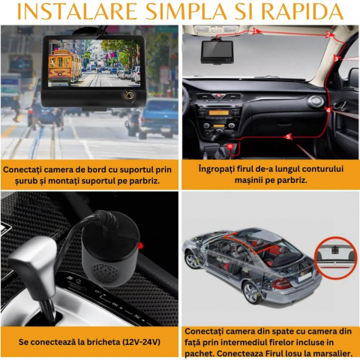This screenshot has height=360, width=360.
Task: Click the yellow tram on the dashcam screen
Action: tap(64, 67)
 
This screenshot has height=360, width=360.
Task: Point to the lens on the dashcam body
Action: tap(129, 96)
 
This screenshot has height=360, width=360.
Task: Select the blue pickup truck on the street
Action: tap(158, 118)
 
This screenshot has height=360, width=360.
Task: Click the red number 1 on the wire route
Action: tap(255, 31)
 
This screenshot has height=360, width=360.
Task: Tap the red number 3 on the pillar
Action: tap(337, 58)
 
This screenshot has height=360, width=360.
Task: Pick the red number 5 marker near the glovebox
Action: tap(288, 136)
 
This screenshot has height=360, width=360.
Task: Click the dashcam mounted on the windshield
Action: tap(217, 51)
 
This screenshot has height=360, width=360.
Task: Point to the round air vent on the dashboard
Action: tap(316, 101)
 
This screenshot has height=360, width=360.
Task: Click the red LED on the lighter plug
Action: tap(140, 246)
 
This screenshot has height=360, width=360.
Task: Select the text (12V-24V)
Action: tap(141, 342)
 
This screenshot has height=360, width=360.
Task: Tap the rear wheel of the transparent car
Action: tap(251, 292)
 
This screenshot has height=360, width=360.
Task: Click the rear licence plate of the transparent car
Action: tap(304, 277)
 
